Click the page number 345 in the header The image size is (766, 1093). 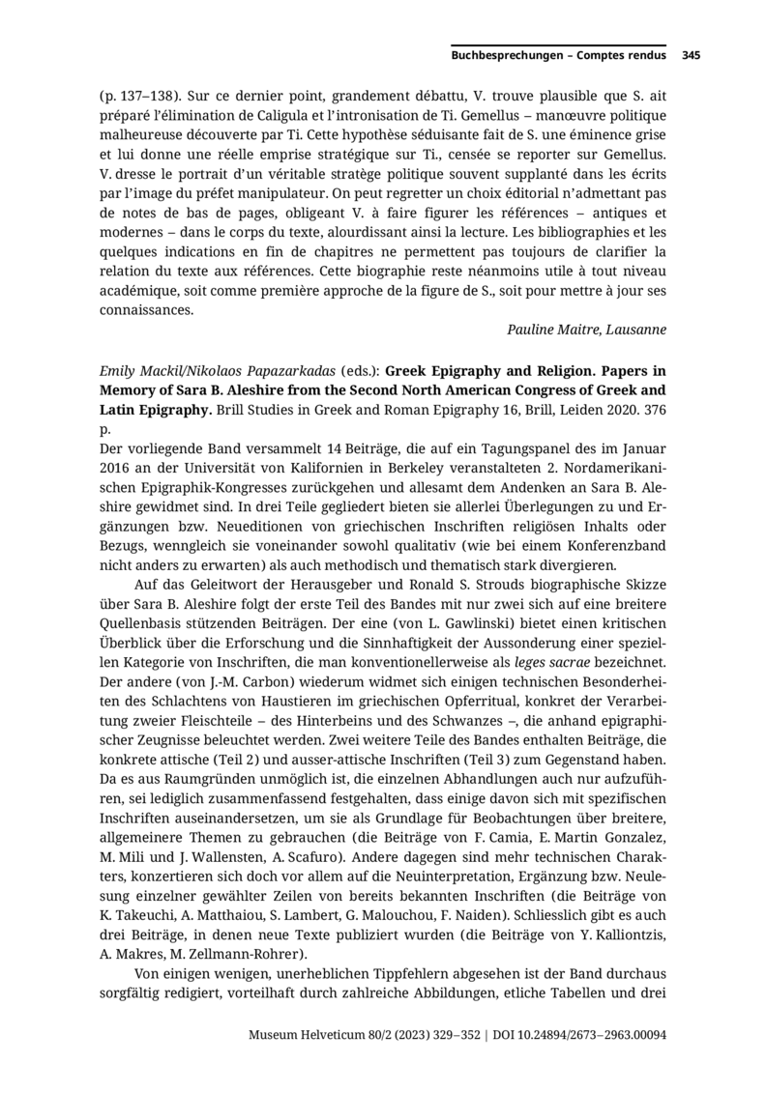click(x=691, y=56)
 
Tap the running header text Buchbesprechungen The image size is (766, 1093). click(x=507, y=56)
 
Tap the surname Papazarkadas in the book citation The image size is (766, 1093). click(x=282, y=370)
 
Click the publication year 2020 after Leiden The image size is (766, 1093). click(x=604, y=411)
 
